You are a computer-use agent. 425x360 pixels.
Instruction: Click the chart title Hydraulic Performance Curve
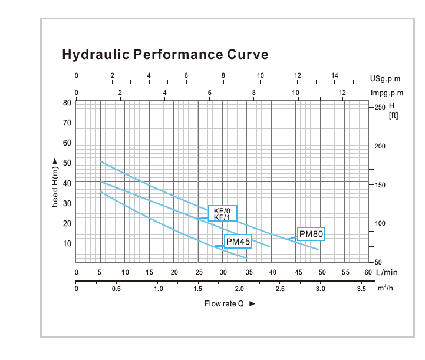tap(165, 55)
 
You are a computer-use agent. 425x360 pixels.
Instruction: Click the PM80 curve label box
tap(312, 233)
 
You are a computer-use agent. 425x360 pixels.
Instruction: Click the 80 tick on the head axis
tap(67, 102)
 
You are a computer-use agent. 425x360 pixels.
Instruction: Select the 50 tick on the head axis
tap(67, 162)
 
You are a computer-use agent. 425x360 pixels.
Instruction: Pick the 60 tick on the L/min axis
tap(368, 272)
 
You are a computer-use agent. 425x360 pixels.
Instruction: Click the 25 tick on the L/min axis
tap(199, 272)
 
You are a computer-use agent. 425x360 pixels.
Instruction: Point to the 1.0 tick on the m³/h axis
tap(158, 289)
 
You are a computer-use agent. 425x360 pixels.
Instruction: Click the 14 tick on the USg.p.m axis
tap(334, 75)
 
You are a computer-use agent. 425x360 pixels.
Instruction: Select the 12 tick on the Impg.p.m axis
tap(341, 93)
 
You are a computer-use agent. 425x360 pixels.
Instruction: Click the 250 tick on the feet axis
tap(380, 107)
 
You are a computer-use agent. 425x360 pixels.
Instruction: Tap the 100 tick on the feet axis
tap(380, 223)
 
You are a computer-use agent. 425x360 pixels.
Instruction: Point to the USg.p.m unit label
tap(387, 78)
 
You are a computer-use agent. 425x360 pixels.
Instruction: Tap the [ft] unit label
tap(393, 115)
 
